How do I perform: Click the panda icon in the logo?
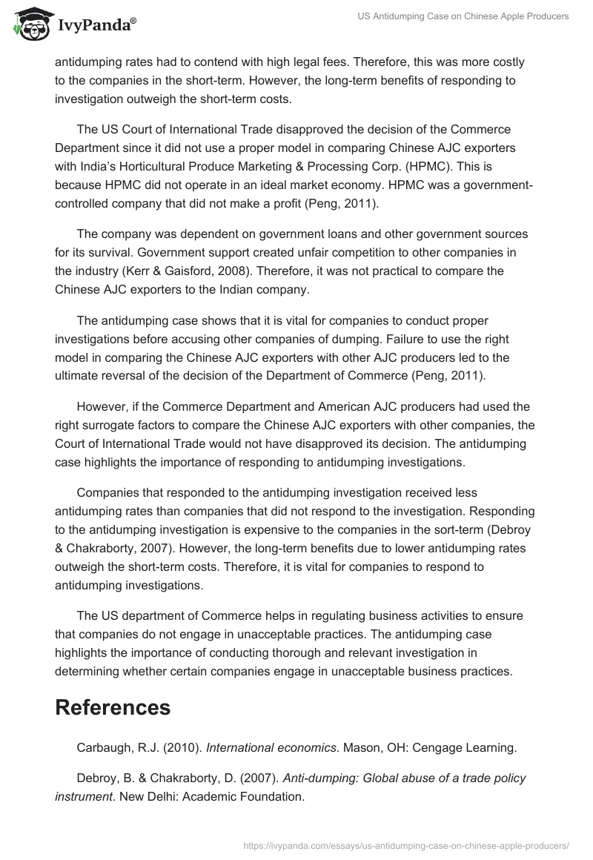coord(30,25)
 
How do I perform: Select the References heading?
coord(113,707)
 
